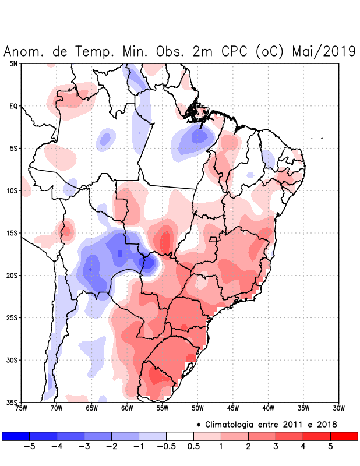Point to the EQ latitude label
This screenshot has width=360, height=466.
[x=13, y=106]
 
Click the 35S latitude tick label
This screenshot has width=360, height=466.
[x=12, y=403]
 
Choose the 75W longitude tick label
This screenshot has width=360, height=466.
[x=21, y=408]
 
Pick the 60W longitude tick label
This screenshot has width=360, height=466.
[x=127, y=408]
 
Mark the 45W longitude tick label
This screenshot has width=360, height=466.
[x=233, y=408]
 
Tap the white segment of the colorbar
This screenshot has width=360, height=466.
[x=179, y=436]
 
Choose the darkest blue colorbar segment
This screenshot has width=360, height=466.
[x=16, y=436]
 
